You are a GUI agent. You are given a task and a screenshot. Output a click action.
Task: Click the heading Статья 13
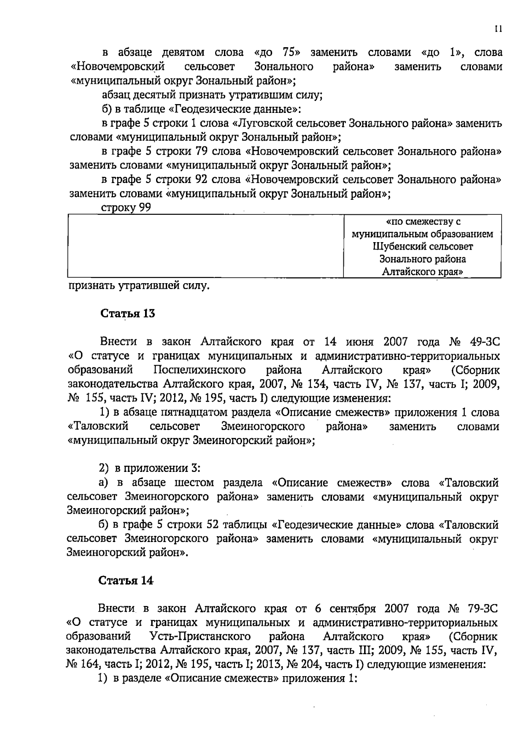[x=128, y=314]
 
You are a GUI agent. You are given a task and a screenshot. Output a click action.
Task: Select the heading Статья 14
[x=126, y=580]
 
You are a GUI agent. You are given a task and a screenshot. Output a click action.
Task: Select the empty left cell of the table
[x=205, y=246]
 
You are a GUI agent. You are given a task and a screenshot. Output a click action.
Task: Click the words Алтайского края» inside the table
[x=422, y=272]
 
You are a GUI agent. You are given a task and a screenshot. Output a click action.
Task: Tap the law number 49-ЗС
[x=483, y=342]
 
